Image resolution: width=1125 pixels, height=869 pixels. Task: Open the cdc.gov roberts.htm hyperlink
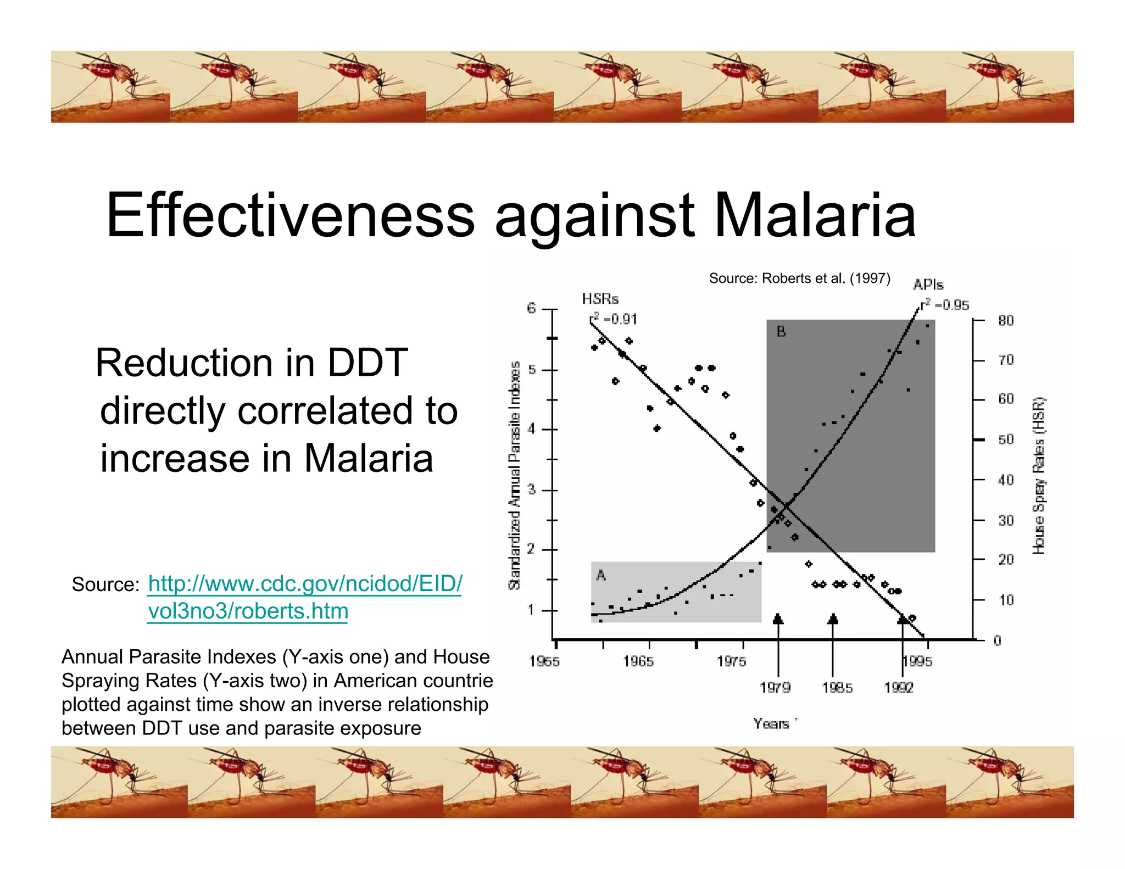305,597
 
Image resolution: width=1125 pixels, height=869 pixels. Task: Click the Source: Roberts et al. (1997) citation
799,278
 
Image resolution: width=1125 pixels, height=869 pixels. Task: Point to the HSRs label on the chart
600,299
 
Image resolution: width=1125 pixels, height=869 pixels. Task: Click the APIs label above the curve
928,285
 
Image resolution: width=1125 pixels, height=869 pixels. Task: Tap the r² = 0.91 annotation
614,319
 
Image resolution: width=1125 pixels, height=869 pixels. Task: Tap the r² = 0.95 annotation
945,305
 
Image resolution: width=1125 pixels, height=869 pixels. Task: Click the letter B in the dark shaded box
781,332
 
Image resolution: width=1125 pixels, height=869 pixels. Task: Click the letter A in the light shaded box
601,575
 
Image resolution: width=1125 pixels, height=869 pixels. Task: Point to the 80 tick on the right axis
1006,320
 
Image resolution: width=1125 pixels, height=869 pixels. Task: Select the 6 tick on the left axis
531,308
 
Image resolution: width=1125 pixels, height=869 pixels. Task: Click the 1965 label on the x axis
638,661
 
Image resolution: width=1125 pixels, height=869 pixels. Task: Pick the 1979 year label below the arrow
775,688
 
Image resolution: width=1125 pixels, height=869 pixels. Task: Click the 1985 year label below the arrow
837,688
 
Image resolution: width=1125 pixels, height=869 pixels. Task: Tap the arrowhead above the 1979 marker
778,619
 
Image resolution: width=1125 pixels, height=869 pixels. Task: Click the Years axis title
771,724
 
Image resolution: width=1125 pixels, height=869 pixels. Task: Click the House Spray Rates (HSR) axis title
1039,475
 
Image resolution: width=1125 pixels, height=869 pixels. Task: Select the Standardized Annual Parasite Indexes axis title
514,475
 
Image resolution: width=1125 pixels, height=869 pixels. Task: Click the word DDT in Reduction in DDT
367,363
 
